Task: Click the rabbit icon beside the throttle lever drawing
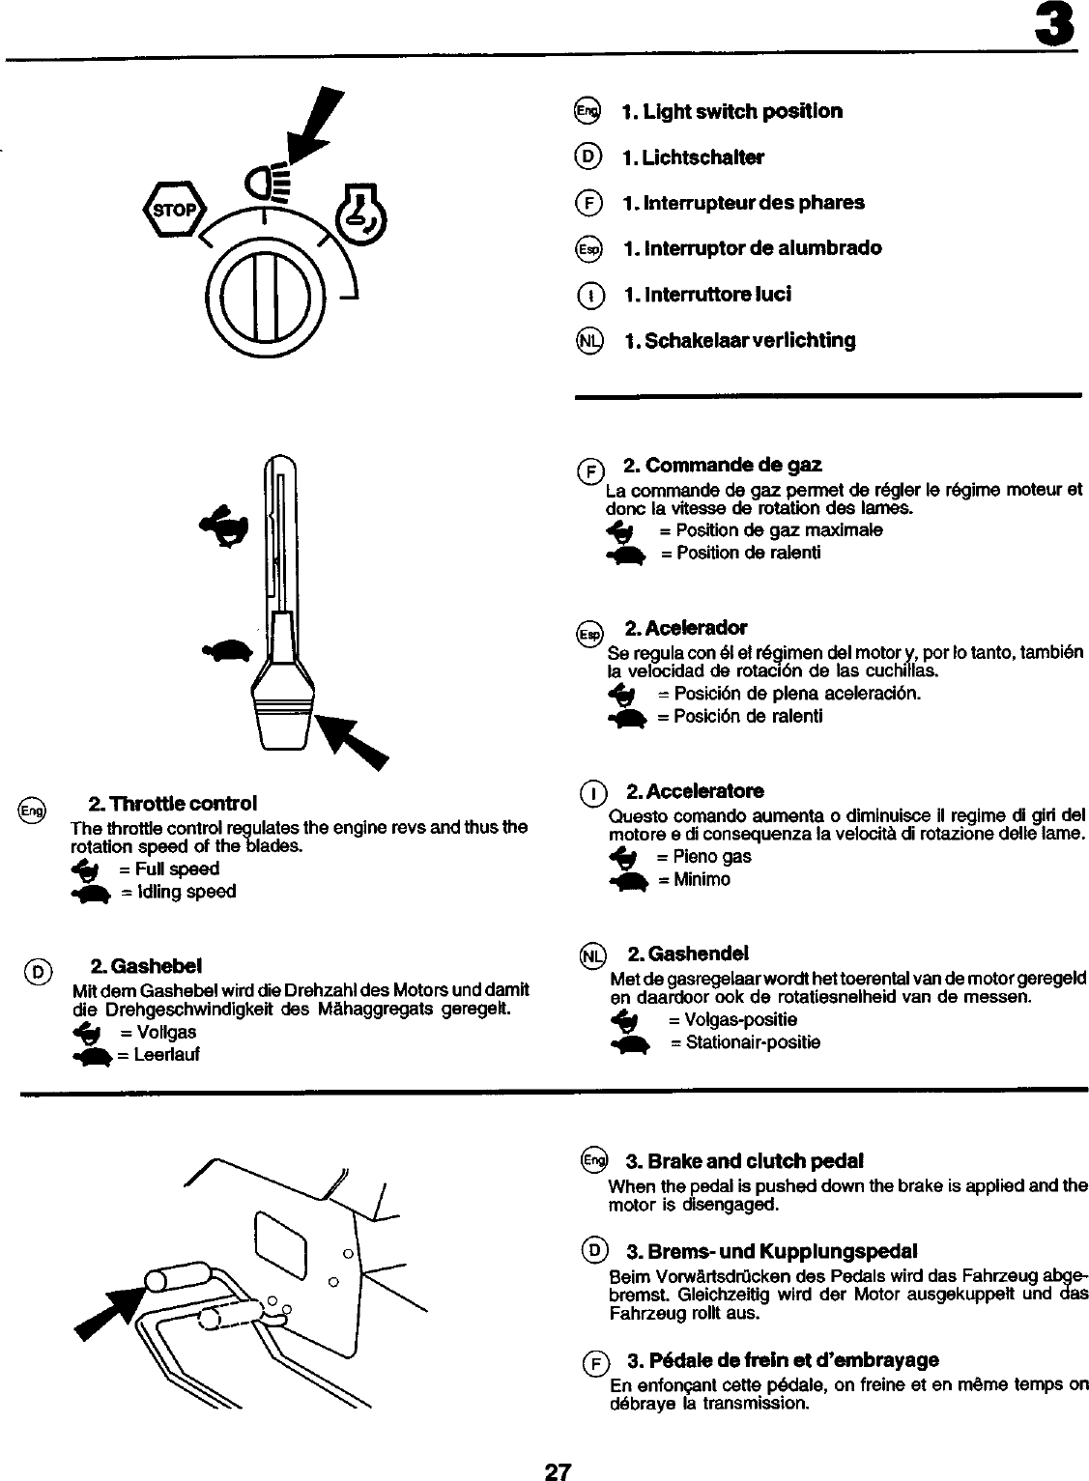226,526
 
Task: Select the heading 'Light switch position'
731,111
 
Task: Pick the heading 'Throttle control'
172,804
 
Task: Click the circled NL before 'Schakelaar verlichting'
588,340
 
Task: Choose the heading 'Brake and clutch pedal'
744,1160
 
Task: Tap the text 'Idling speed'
177,892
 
